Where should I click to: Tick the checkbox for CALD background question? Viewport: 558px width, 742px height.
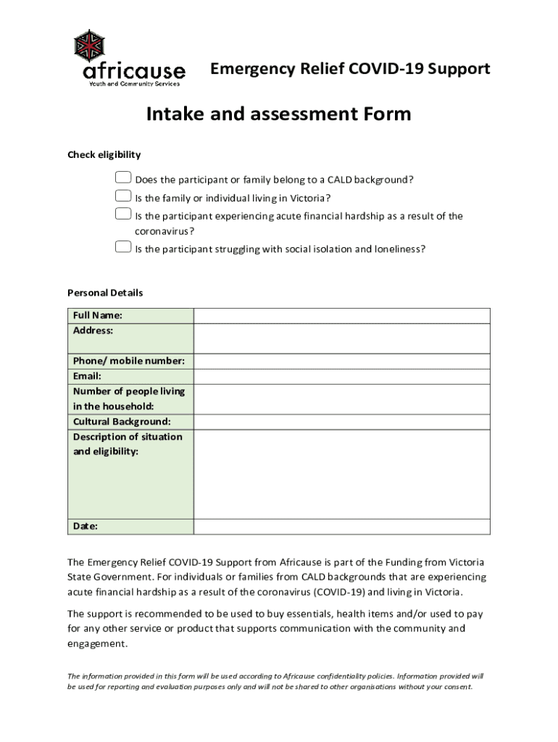click(x=123, y=178)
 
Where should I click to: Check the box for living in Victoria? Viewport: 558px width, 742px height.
click(x=123, y=196)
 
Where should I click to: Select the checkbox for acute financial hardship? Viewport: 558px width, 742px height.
click(x=123, y=214)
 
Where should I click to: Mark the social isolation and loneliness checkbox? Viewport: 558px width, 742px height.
click(x=123, y=247)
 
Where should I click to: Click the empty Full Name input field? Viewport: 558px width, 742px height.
click(x=341, y=315)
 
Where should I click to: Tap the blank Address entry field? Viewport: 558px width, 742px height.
click(x=341, y=338)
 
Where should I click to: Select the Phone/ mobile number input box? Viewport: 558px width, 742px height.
click(x=341, y=361)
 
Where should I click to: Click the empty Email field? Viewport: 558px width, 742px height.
click(x=341, y=376)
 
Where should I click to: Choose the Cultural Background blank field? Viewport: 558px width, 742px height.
click(x=341, y=422)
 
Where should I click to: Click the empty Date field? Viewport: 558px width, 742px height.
click(x=341, y=526)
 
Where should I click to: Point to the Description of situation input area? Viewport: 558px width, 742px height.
click(x=341, y=474)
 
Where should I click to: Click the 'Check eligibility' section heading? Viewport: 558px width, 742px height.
click(x=104, y=154)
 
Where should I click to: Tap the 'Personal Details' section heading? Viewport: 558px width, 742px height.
click(x=105, y=293)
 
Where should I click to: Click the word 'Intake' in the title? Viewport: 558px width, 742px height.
click(x=176, y=114)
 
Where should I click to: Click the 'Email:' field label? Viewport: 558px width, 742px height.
click(x=87, y=376)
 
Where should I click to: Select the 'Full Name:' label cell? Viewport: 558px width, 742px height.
click(x=97, y=315)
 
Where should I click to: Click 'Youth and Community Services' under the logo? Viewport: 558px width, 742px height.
click(x=134, y=84)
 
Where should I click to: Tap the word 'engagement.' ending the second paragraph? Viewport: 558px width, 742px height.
click(x=97, y=643)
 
